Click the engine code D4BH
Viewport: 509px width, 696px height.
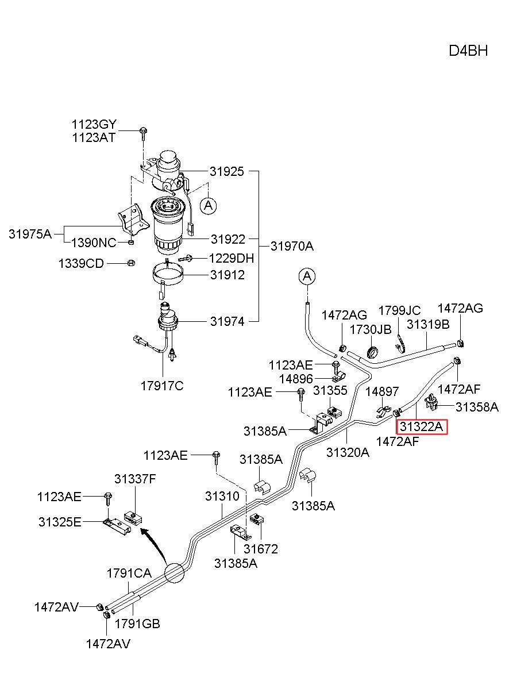coord(468,51)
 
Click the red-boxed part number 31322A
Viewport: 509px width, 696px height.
coord(422,426)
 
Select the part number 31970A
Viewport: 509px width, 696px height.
coord(292,246)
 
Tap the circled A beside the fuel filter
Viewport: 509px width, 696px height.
coord(208,206)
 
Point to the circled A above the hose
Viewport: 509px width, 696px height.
coord(307,276)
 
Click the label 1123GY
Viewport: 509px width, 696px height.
coord(94,124)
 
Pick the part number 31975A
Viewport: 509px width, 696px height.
coord(30,234)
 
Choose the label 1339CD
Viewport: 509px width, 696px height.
coord(81,263)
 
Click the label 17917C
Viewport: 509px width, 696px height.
coord(162,386)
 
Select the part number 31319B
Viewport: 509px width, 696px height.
coord(428,324)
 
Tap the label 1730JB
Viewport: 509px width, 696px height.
coord(371,329)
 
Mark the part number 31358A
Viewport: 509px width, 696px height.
coord(477,407)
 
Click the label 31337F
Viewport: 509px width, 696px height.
coord(135,479)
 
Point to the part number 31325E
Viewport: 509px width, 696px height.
coord(60,522)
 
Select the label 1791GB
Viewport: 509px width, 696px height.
coord(137,624)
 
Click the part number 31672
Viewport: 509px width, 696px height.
coord(261,549)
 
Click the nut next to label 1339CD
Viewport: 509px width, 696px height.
coord(131,263)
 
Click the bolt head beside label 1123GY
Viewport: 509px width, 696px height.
coord(143,130)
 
